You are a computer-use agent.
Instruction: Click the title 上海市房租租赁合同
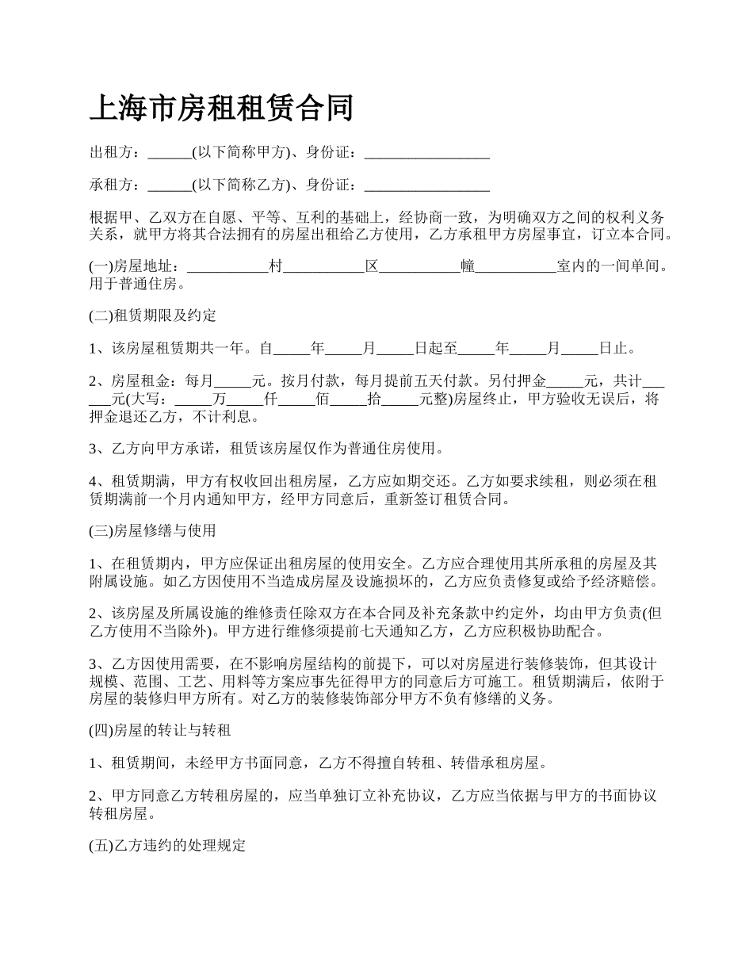(x=221, y=108)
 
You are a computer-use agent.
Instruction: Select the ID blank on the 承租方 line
(x=426, y=186)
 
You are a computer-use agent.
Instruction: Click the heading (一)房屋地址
(x=136, y=266)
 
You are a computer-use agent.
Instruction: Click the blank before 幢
(x=420, y=267)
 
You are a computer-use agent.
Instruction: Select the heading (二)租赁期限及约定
(x=152, y=315)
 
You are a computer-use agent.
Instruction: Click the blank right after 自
(x=291, y=348)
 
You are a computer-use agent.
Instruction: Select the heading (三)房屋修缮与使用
(x=152, y=530)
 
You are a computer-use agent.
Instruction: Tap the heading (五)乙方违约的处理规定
(x=167, y=846)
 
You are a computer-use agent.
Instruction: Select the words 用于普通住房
(x=136, y=283)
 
